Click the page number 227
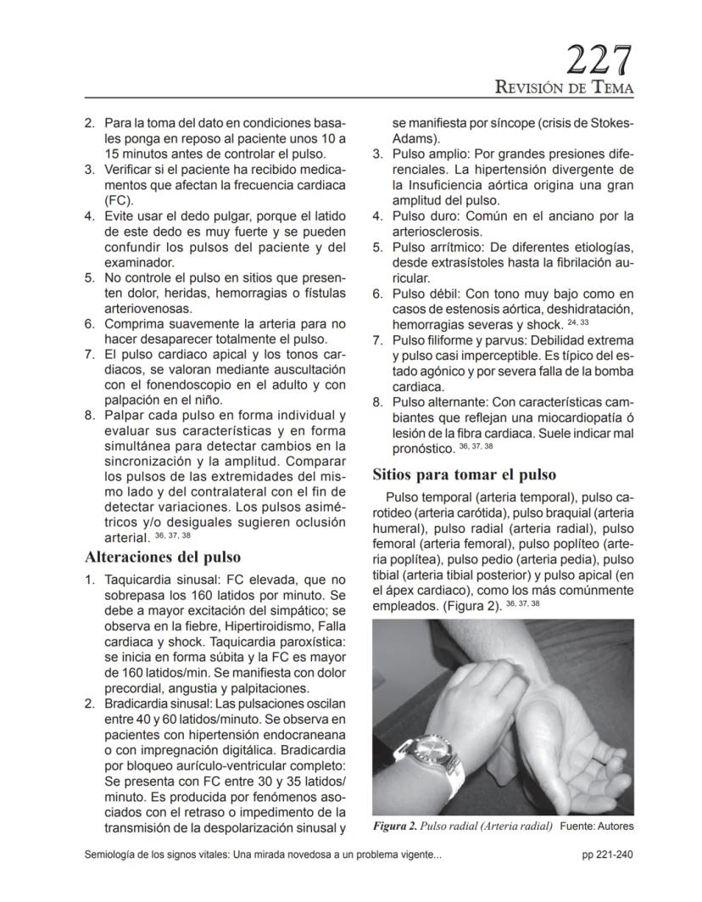[600, 62]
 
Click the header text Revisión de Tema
[565, 88]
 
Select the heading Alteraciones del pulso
[163, 557]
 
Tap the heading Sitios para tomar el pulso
[465, 473]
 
